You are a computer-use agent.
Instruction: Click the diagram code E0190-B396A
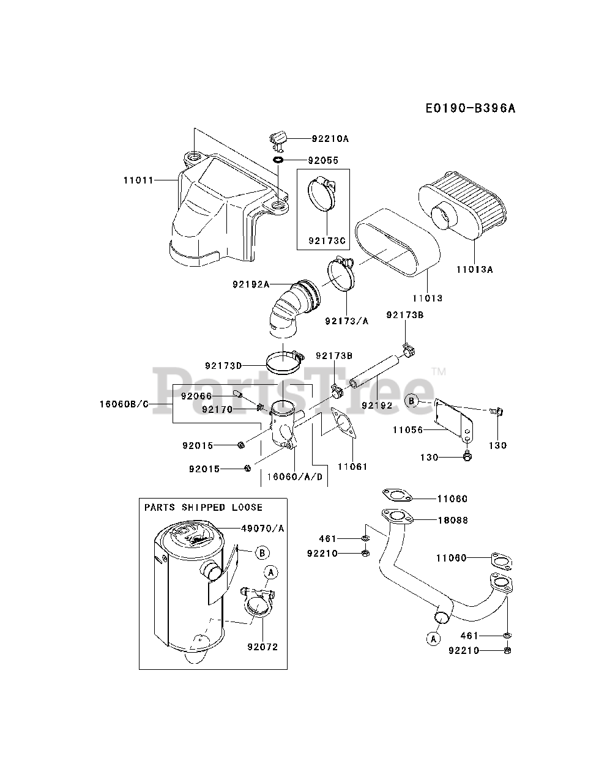coord(470,108)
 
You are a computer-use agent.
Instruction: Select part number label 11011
coord(138,180)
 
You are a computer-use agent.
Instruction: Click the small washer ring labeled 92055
coord(278,160)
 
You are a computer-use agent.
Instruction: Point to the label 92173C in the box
coord(323,240)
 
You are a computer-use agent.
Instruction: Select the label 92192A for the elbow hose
coord(251,284)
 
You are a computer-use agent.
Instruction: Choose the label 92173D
coord(224,366)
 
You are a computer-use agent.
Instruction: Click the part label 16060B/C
coord(124,404)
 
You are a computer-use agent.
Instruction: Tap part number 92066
coord(196,396)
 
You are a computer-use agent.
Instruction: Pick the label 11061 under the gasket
coord(352,467)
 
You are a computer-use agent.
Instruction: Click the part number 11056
coord(407,430)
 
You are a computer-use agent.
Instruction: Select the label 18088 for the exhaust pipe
coord(452,520)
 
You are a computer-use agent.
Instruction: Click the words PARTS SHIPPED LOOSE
coord(203,507)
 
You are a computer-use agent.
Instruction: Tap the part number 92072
coord(262,647)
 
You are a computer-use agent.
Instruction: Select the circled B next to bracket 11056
coord(412,401)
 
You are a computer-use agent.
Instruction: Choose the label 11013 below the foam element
coord(427,298)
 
